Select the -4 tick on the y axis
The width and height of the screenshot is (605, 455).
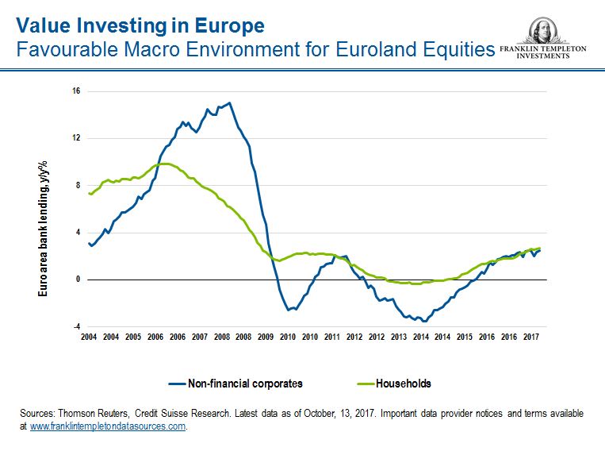pyautogui.click(x=75, y=326)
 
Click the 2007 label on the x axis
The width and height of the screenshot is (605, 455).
pyautogui.click(x=199, y=337)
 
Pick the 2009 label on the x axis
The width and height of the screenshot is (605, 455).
pyautogui.click(x=266, y=337)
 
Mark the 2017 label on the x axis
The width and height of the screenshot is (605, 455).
pyautogui.click(x=530, y=337)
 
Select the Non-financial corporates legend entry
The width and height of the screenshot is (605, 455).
pyautogui.click(x=245, y=384)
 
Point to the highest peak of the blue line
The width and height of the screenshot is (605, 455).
pyautogui.click(x=229, y=102)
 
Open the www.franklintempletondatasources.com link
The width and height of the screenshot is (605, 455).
pyautogui.click(x=108, y=426)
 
